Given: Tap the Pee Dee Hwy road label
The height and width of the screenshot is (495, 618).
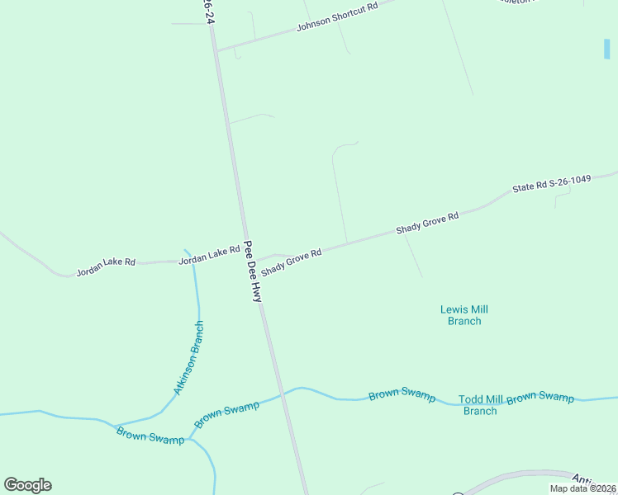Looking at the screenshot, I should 253,271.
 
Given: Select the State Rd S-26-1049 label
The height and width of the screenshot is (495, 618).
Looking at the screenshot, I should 551,183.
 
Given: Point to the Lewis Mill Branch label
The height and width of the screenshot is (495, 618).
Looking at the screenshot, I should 464,315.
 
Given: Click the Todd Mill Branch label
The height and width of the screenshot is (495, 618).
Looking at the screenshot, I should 480,405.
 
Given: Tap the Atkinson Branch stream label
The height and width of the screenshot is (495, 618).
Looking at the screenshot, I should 188,357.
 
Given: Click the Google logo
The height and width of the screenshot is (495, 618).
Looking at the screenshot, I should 28,485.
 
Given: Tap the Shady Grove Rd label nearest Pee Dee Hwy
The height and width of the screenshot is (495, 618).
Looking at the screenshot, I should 291,263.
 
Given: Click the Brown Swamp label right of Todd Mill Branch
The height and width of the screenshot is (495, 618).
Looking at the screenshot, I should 540,398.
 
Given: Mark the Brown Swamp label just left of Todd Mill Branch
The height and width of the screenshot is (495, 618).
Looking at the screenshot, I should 402,395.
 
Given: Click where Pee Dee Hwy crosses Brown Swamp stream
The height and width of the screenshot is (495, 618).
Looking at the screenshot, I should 281,394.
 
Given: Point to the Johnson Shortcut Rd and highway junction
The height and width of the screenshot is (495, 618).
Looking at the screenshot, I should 217,49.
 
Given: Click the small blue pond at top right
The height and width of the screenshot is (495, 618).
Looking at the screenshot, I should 607,49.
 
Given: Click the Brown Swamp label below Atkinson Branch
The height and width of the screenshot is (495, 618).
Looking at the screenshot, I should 150,435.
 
